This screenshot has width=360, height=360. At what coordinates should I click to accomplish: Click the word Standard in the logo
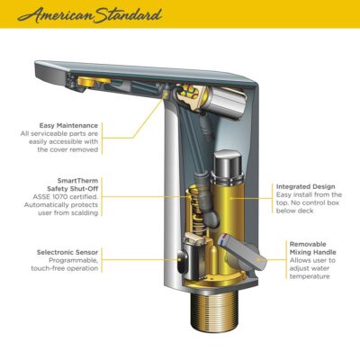(126, 15)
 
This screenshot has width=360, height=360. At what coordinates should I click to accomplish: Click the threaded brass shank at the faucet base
(219, 325)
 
